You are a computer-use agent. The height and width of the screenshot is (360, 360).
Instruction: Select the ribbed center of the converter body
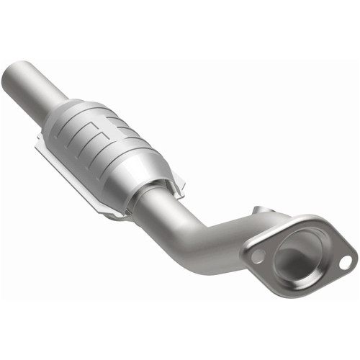click(108, 144)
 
